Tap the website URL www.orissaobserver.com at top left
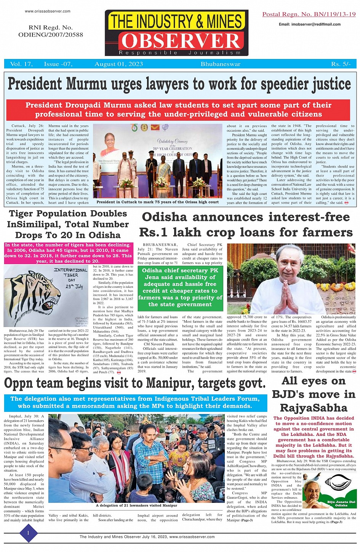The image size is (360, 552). (x=48, y=11)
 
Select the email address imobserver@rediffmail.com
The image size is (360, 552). (x=309, y=24)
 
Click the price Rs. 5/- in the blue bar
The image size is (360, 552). (x=341, y=64)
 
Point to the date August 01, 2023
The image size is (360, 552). (x=118, y=64)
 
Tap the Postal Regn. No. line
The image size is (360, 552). (x=309, y=14)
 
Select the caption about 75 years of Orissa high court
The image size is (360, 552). (x=158, y=202)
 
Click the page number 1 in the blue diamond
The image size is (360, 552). (x=28, y=533)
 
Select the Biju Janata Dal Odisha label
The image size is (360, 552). (x=341, y=503)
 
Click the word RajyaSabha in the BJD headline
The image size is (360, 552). (x=314, y=408)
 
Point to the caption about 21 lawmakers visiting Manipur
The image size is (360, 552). (x=136, y=506)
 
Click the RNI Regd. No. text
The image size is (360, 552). (x=50, y=31)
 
